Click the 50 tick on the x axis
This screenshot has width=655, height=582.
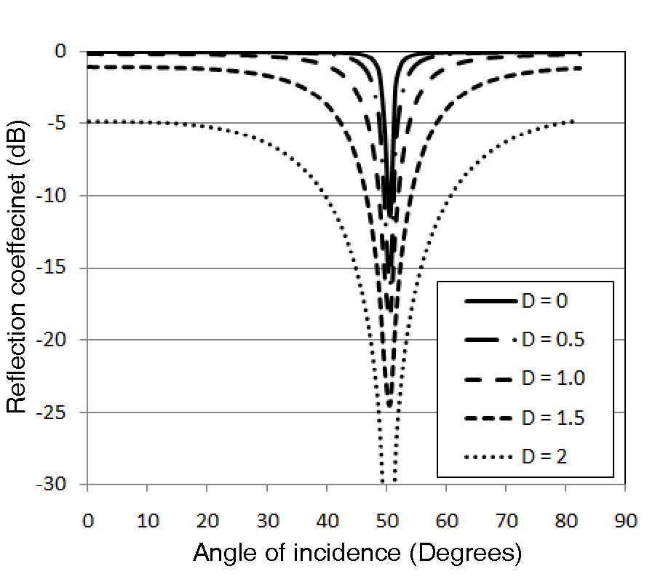[386, 521]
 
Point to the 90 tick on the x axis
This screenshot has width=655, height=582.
[625, 521]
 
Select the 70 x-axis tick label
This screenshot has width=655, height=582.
[506, 521]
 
